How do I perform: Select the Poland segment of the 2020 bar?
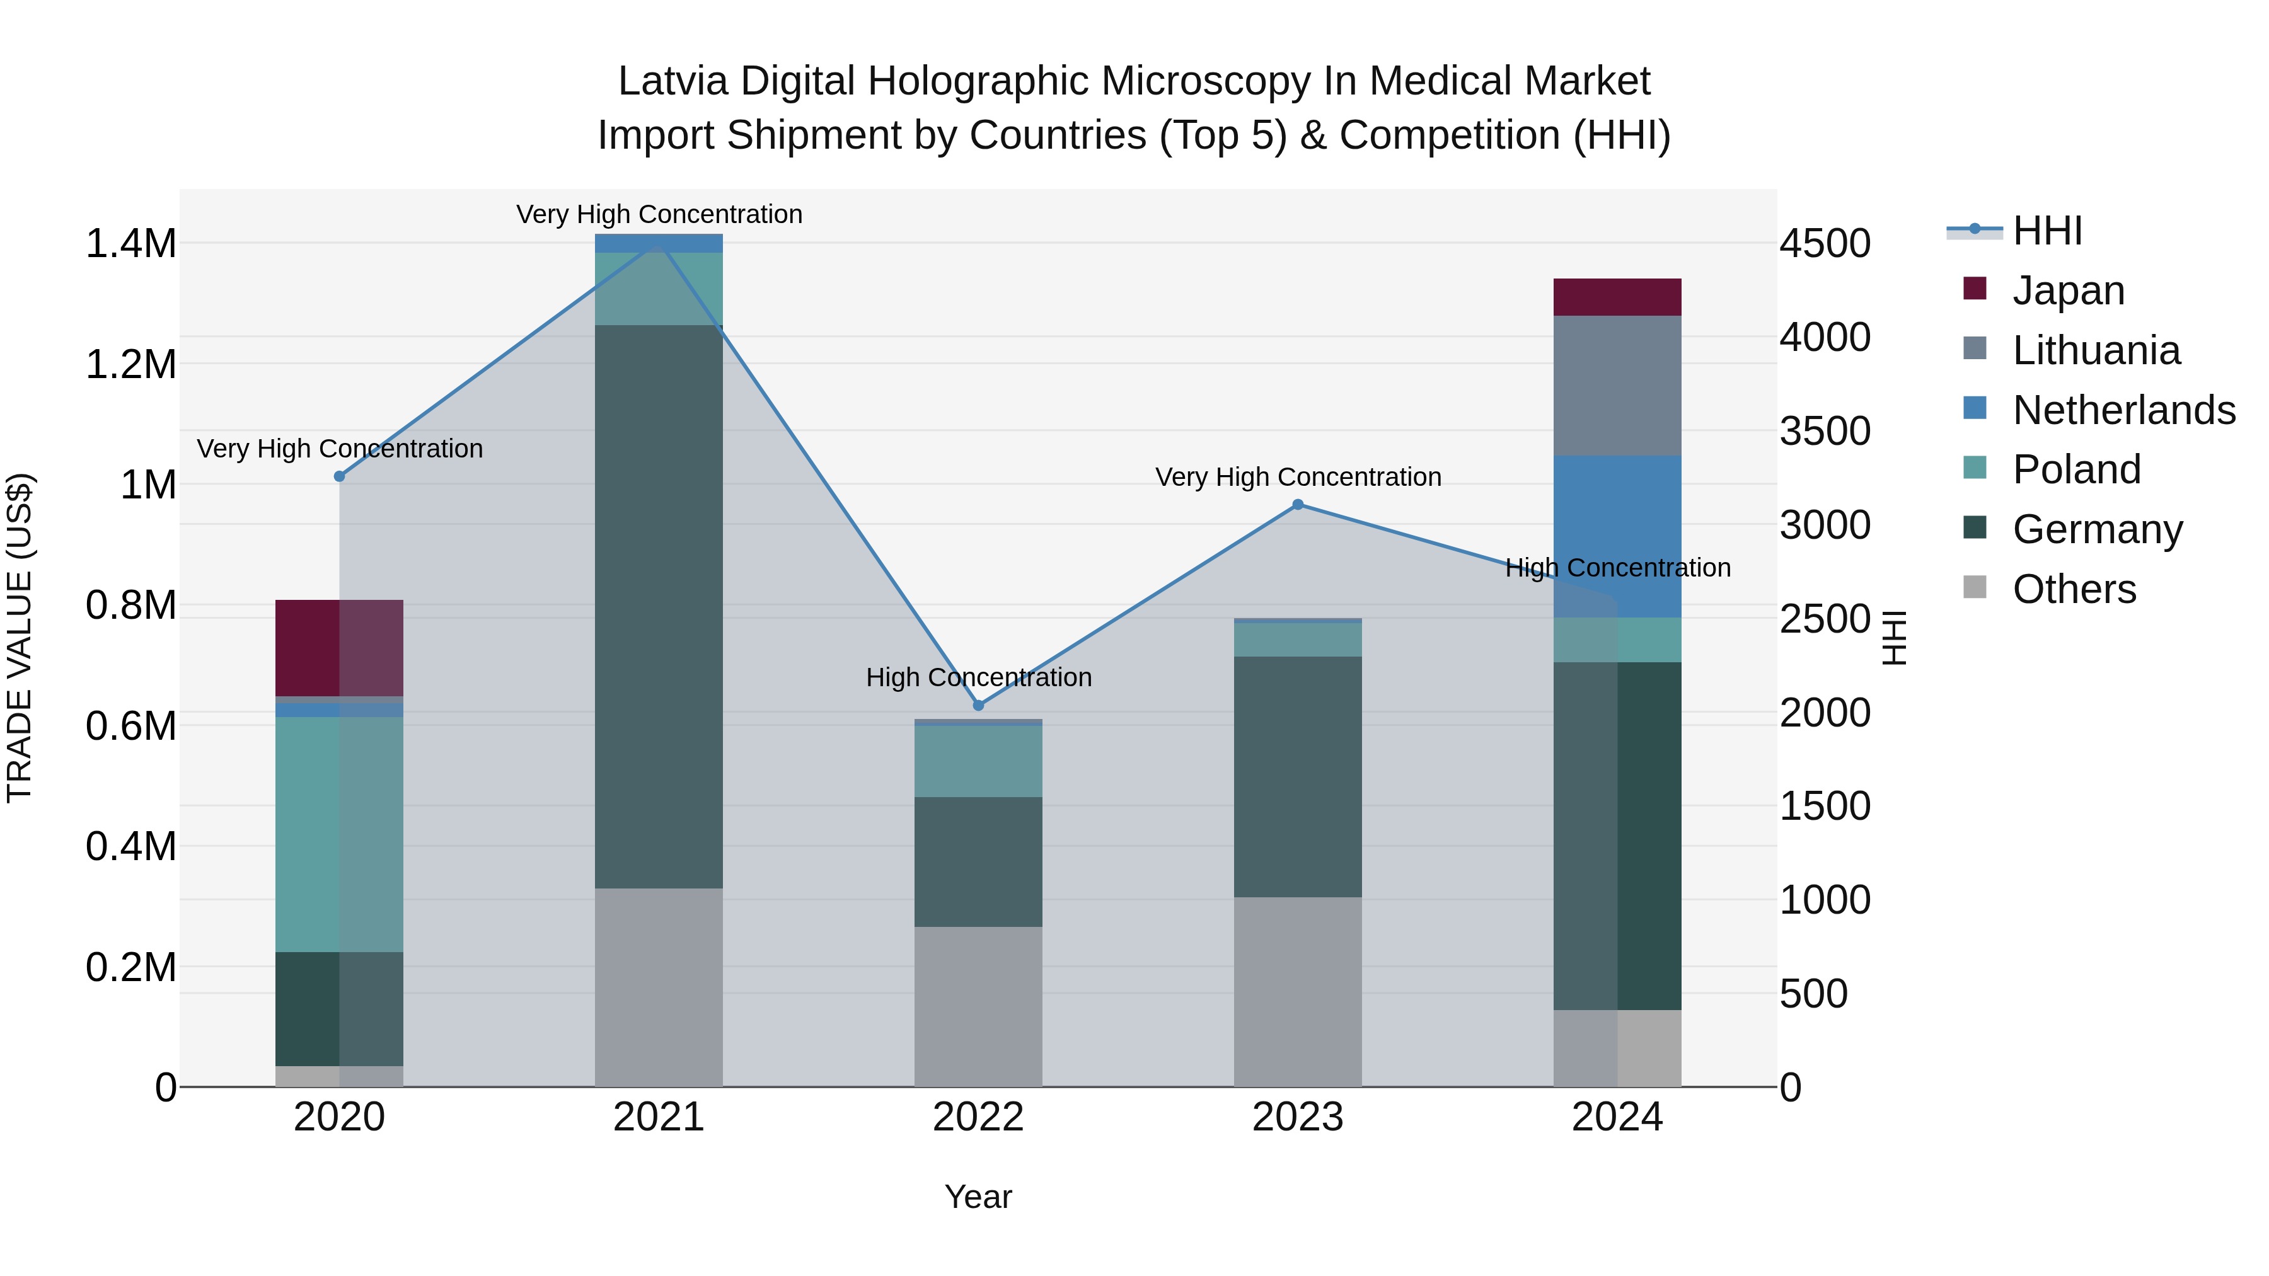[339, 833]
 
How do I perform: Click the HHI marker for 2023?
[1298, 505]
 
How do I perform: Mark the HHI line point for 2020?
[339, 476]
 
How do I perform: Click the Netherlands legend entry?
[2123, 410]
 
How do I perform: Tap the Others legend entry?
[2074, 589]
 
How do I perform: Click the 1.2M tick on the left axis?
[130, 364]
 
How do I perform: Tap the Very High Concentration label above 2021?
[659, 214]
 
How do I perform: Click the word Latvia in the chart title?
[673, 81]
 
